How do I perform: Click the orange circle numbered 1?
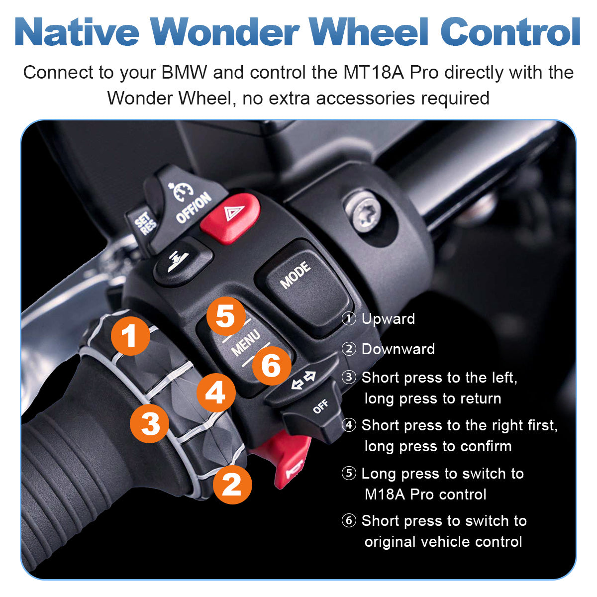click(x=130, y=336)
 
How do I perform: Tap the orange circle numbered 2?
click(x=232, y=485)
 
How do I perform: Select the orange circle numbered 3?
click(x=150, y=423)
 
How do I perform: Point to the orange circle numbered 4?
click(x=216, y=393)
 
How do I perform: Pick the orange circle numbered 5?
click(x=226, y=316)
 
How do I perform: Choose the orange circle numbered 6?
click(x=272, y=366)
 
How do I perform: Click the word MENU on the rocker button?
click(x=246, y=343)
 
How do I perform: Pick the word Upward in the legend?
click(x=388, y=319)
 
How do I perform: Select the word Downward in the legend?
click(x=398, y=349)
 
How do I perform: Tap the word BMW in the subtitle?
click(x=184, y=73)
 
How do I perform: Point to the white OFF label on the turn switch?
click(x=320, y=406)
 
